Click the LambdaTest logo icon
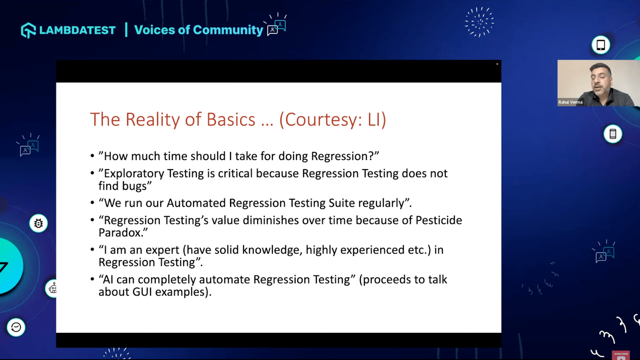tap(28, 30)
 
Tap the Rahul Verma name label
tap(570, 102)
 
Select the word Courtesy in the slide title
tap(323, 120)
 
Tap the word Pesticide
tap(438, 220)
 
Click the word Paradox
tap(120, 233)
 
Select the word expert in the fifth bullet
tap(162, 250)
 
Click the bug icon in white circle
tap(38, 223)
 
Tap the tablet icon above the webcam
tap(601, 45)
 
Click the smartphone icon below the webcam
tap(613, 134)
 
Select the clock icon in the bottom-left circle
tap(16, 327)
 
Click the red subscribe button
tap(621, 355)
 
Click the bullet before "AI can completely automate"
tap(92, 280)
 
